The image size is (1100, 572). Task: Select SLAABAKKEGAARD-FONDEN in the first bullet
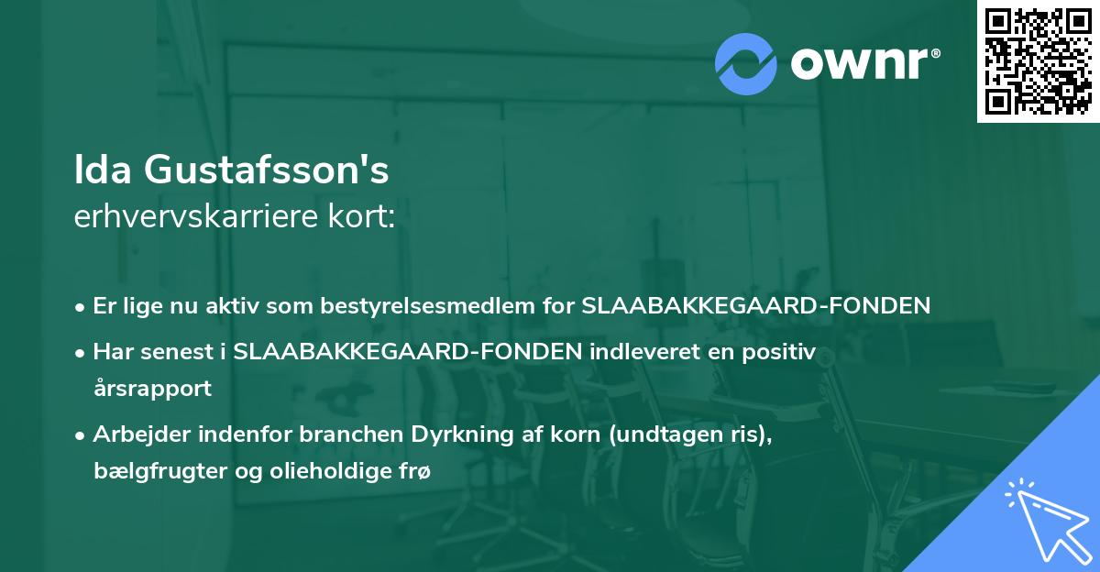click(x=756, y=306)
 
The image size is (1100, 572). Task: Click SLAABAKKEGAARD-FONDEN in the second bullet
click(x=408, y=352)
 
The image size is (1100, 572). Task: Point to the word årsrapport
click(x=152, y=388)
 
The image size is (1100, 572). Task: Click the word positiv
click(x=781, y=352)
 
